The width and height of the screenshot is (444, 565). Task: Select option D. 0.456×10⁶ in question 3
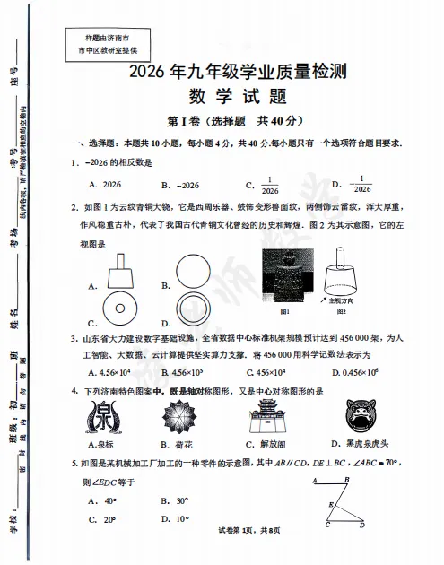click(358, 371)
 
